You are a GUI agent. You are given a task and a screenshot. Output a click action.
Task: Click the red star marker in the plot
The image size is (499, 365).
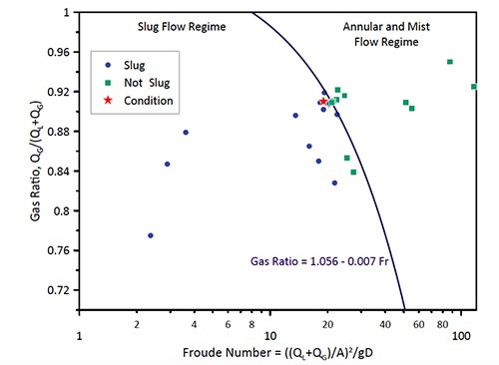click(x=322, y=102)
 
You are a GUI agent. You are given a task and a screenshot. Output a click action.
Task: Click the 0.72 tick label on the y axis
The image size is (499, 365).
click(x=58, y=290)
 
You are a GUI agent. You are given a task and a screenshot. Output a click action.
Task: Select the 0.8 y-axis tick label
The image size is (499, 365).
click(x=62, y=210)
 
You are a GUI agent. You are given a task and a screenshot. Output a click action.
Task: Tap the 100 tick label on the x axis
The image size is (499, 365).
click(x=462, y=339)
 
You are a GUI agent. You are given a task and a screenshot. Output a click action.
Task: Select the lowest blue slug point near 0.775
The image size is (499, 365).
click(x=151, y=235)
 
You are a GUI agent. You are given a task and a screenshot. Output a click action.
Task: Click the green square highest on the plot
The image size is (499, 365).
click(x=450, y=62)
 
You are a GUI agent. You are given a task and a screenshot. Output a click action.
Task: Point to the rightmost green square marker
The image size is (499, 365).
click(x=474, y=87)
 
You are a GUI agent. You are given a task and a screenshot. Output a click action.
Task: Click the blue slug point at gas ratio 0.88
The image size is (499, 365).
click(x=186, y=133)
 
